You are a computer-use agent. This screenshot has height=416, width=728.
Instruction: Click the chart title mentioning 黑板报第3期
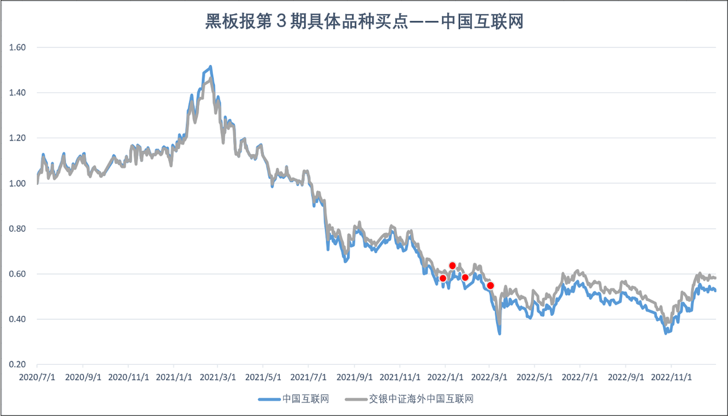pos(363,22)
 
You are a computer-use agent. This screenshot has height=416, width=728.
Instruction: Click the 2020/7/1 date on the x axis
pos(37,377)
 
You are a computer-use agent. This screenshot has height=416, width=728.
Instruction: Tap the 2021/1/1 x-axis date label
pos(173,377)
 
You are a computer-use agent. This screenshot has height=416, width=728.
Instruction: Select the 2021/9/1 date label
pos(354,377)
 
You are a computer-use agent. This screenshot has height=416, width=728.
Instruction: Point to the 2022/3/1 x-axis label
pos(489,377)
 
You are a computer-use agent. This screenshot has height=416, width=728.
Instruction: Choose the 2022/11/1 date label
pos(671,377)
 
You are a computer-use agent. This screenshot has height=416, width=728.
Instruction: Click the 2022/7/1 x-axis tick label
pos(580,377)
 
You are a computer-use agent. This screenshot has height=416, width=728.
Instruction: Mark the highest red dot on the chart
pos(453,266)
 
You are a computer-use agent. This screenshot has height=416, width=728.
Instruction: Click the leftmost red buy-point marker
pos(443,278)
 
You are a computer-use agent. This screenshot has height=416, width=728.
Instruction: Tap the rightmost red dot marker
pos(490,285)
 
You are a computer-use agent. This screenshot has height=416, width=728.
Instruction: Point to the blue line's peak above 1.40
pos(210,67)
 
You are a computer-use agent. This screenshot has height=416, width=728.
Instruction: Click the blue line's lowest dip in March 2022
pos(499,333)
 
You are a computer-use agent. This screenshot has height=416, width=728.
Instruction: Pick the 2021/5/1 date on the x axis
pos(263,377)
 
